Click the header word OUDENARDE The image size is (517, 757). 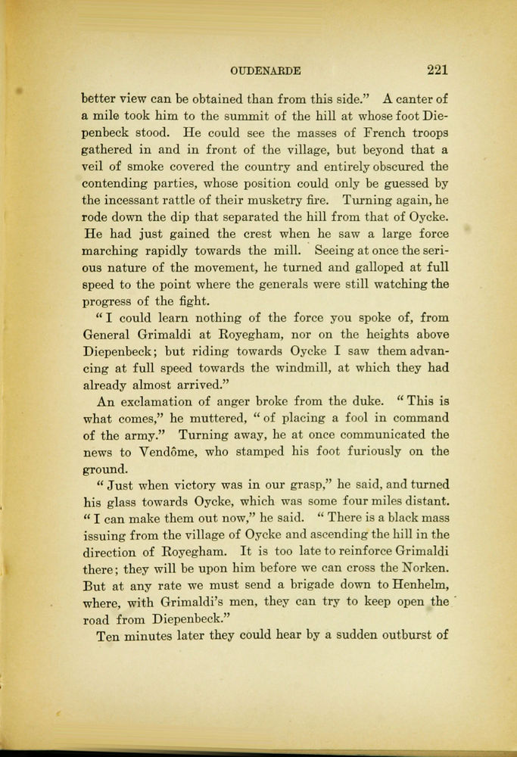266,70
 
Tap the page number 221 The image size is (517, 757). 437,70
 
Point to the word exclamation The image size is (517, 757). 164,402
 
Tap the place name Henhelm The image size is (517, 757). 415,587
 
